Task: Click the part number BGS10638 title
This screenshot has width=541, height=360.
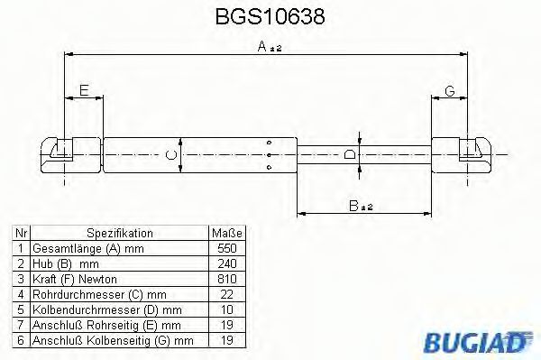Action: pos(270,17)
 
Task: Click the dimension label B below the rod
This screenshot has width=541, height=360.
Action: pos(361,205)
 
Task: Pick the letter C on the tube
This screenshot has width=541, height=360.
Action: pos(173,154)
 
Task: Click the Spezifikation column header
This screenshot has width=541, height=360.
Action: pos(119,233)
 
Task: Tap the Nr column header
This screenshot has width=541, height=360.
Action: pos(20,233)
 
